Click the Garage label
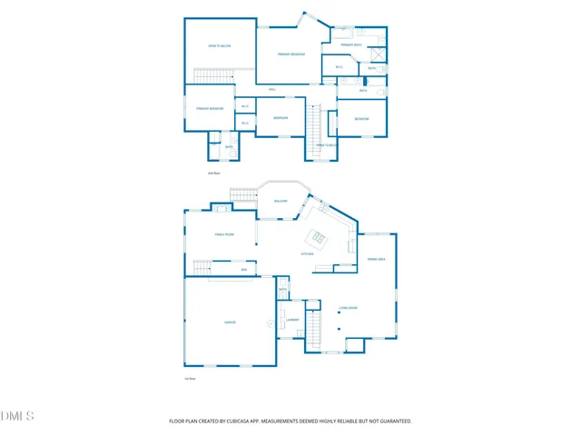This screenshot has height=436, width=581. [230, 322]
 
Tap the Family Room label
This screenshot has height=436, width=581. [224, 234]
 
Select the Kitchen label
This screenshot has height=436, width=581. [308, 254]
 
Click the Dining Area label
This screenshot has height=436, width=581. [377, 260]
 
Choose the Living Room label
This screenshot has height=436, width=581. [349, 308]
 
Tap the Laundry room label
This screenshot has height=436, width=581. [292, 321]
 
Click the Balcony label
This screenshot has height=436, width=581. [281, 201]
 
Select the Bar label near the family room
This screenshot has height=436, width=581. [243, 270]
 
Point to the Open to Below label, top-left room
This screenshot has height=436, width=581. [219, 45]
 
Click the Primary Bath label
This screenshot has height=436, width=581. [351, 45]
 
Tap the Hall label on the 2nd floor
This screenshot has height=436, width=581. [272, 89]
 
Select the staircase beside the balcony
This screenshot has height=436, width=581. [243, 193]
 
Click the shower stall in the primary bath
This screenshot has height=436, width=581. [379, 54]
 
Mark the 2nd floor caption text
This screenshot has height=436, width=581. [214, 173]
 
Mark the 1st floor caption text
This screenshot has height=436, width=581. [191, 379]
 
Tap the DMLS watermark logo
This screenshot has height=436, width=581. [17, 416]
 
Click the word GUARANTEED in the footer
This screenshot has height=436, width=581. [393, 421]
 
